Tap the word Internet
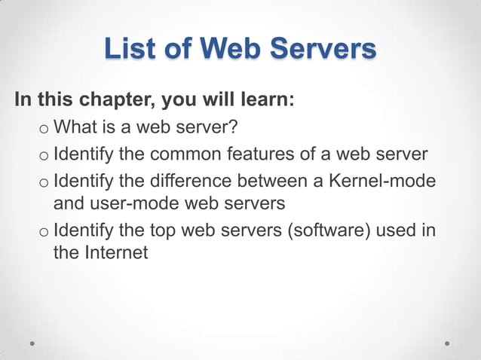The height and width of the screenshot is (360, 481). click(115, 252)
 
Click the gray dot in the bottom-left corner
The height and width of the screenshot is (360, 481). click(33, 342)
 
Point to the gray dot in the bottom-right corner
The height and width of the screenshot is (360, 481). click(447, 342)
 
